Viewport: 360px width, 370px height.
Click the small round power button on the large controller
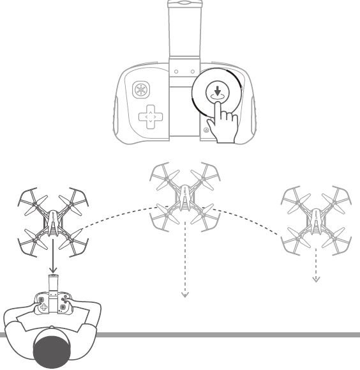[x=206, y=131]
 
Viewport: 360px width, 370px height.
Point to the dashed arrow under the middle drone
[x=184, y=268]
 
